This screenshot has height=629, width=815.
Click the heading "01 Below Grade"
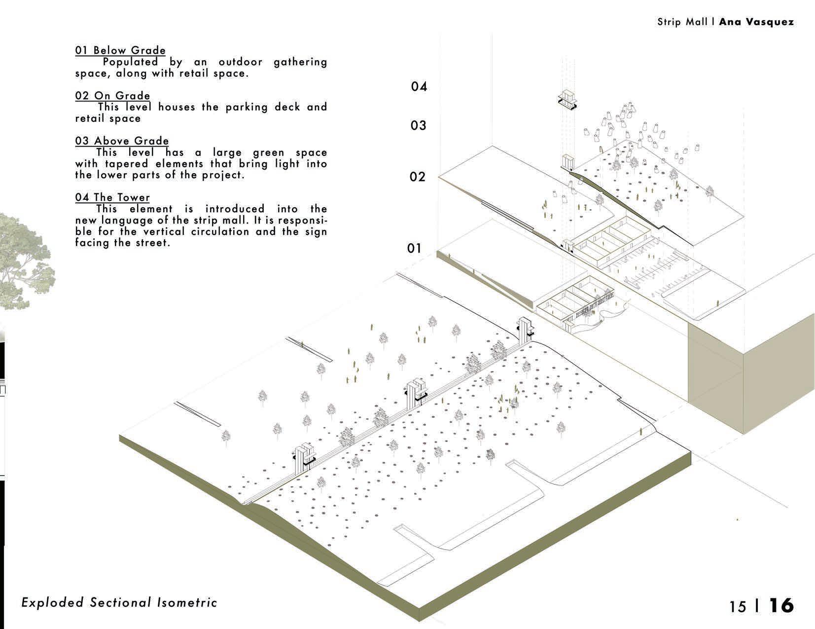(120, 50)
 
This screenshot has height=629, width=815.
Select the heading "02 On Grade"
(112, 96)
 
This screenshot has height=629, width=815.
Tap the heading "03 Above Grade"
(122, 141)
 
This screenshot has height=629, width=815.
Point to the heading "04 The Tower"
(112, 197)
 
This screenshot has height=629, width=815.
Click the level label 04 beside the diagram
(419, 87)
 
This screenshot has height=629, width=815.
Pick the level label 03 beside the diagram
(418, 126)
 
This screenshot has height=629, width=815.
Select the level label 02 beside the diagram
(418, 177)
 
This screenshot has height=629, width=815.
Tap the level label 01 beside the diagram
(414, 248)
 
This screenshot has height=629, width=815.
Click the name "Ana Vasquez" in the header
(756, 22)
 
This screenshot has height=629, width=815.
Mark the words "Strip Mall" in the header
(682, 22)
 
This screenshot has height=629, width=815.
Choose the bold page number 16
(781, 605)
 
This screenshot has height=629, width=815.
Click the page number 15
(738, 606)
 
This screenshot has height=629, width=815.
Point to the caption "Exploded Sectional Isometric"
(119, 602)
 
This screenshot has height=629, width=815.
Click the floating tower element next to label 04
(567, 99)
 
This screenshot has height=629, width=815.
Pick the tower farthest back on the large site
(525, 329)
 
